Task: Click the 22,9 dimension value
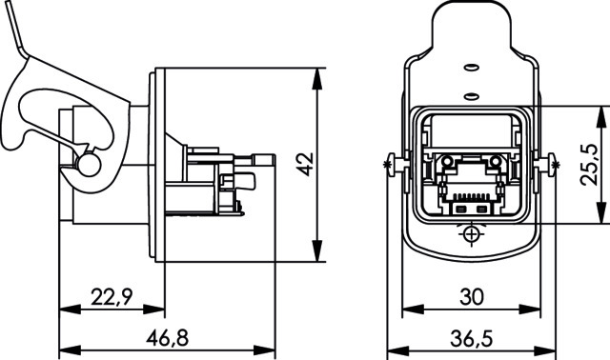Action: [112, 297]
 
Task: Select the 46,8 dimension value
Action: [168, 338]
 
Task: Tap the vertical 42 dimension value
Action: [305, 164]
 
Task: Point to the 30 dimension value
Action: [472, 297]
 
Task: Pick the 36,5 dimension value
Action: [472, 339]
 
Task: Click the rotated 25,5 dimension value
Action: [589, 164]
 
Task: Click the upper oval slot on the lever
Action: [472, 68]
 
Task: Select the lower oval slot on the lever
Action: [472, 95]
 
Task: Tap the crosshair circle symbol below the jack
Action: [472, 234]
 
